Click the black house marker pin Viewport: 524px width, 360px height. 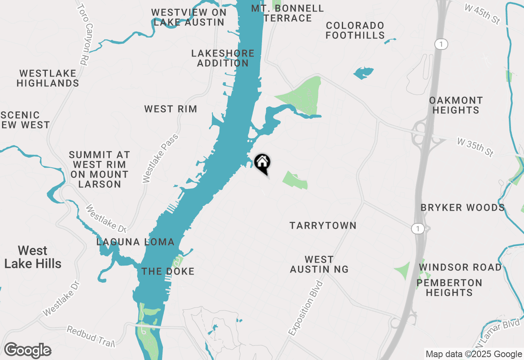pos(262,163)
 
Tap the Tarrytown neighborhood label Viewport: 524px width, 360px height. pos(323,225)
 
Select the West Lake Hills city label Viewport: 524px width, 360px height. pos(33,257)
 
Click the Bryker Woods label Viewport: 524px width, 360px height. pos(463,207)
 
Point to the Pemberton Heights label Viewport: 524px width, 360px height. pos(449,288)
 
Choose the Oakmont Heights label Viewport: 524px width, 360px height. pos(456,105)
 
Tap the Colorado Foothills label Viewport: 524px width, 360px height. pos(355,30)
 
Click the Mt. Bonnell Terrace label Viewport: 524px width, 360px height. pos(287,13)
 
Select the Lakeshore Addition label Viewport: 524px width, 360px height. pos(223,58)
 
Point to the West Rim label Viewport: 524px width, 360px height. pos(171,109)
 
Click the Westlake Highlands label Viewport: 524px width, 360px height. pos(48,78)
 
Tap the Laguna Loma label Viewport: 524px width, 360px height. pos(136,242)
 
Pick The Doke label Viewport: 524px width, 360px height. pos(168,271)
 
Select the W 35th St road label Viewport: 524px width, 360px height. pos(475,147)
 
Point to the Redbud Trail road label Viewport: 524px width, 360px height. pos(91,334)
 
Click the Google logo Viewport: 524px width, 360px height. pos(28,350)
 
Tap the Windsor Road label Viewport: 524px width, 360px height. pos(460,268)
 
